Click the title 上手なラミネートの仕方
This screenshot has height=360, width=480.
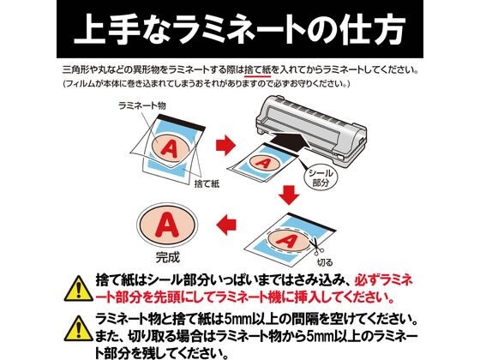[240, 30]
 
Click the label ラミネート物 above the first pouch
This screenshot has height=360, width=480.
[142, 105]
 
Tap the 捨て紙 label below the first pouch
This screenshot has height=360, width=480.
[207, 184]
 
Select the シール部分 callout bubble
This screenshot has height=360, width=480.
[321, 177]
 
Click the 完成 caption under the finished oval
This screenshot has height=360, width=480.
[168, 257]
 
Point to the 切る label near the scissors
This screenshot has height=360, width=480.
[325, 262]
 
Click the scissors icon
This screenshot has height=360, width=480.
[316, 246]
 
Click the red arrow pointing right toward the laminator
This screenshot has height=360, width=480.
[225, 145]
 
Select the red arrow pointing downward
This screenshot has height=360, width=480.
[290, 195]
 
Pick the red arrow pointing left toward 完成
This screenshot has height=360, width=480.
[226, 225]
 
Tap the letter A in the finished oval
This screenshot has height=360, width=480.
[167, 225]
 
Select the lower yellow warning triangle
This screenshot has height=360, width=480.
[79, 328]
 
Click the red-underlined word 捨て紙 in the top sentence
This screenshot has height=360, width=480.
[258, 70]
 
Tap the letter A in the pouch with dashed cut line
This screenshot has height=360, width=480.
[287, 241]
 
